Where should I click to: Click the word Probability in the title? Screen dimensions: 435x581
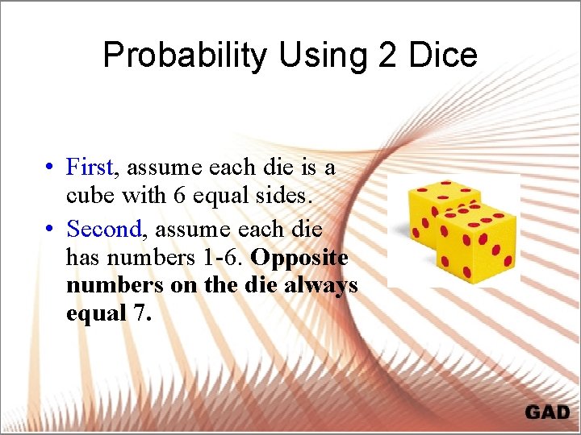(x=186, y=56)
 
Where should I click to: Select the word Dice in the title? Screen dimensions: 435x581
(x=443, y=56)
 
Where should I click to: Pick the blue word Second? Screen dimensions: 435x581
(x=104, y=229)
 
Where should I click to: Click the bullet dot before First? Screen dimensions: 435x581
(x=50, y=168)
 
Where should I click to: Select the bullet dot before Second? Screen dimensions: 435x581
(x=50, y=230)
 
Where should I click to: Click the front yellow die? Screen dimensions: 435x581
(x=476, y=242)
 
